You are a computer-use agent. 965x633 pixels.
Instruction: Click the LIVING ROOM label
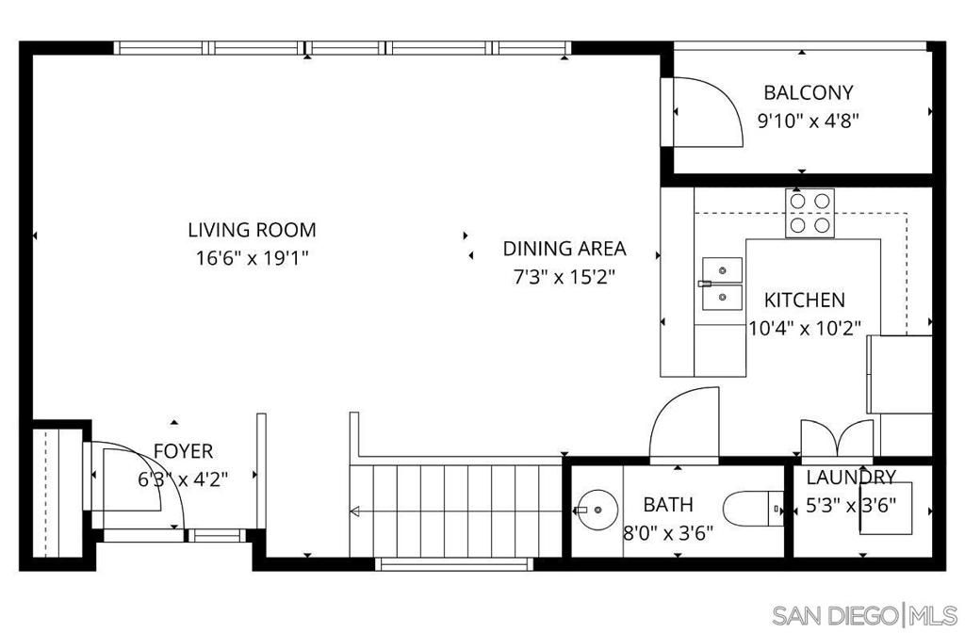[x=252, y=229]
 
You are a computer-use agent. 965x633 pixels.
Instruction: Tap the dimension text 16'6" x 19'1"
[x=252, y=257]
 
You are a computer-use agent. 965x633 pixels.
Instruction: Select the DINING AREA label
[x=564, y=249]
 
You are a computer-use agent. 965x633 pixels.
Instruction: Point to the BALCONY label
[x=808, y=92]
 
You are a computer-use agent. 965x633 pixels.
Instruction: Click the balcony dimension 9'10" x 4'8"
[x=808, y=121]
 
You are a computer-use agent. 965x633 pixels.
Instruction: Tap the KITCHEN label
[x=804, y=300]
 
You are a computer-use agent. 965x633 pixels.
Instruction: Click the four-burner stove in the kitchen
[x=810, y=212]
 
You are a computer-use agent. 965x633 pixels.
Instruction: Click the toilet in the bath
[x=759, y=510]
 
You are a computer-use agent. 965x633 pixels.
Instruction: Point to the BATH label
[x=668, y=504]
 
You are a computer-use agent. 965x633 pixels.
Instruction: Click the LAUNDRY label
[x=850, y=477]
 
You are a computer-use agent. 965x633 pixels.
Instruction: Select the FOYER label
[x=183, y=451]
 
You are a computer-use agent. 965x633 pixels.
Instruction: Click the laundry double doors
[x=836, y=439]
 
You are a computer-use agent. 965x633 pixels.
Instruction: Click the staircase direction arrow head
[x=354, y=512]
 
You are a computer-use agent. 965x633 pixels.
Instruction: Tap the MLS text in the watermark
[x=936, y=615]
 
